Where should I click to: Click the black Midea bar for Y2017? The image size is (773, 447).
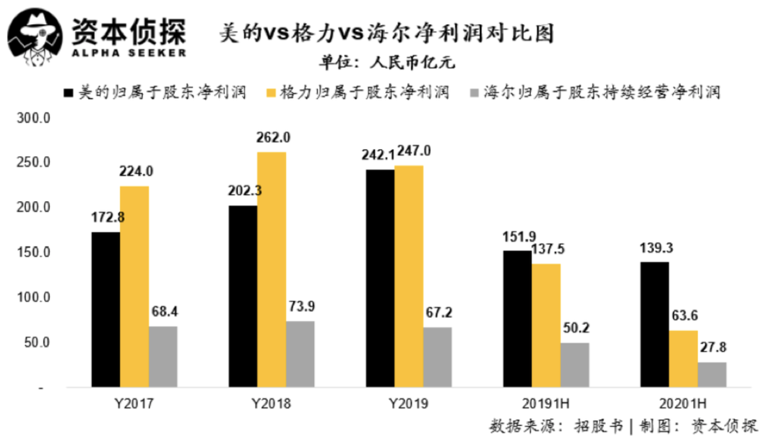tap(105, 309)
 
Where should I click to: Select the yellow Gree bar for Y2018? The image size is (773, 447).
tap(271, 269)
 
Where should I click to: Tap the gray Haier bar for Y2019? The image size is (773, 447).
tap(438, 357)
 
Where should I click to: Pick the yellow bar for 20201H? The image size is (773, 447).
tap(683, 359)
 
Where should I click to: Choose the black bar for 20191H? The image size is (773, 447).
tap(518, 319)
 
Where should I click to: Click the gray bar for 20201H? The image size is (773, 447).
tap(712, 374)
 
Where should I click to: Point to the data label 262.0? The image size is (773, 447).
tap(273, 138)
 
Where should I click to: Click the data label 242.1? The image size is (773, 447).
tap(378, 155)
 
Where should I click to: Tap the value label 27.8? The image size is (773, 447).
tap(713, 347)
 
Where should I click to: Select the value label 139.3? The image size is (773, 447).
tap(656, 247)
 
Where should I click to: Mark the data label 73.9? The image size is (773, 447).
tap(301, 306)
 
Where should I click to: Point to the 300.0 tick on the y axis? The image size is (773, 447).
tap(33, 118)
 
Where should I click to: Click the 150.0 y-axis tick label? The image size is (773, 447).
tap(33, 252)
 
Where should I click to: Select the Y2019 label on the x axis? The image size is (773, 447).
tap(409, 404)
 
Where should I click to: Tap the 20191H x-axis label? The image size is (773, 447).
tap(546, 404)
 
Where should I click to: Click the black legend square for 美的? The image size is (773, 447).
tap(69, 93)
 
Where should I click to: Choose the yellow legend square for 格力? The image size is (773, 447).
tap(271, 93)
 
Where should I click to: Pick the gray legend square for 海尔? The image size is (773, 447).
tap(475, 93)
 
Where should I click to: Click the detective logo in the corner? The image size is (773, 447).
tap(36, 37)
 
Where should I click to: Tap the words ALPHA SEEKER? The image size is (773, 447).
tap(129, 53)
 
